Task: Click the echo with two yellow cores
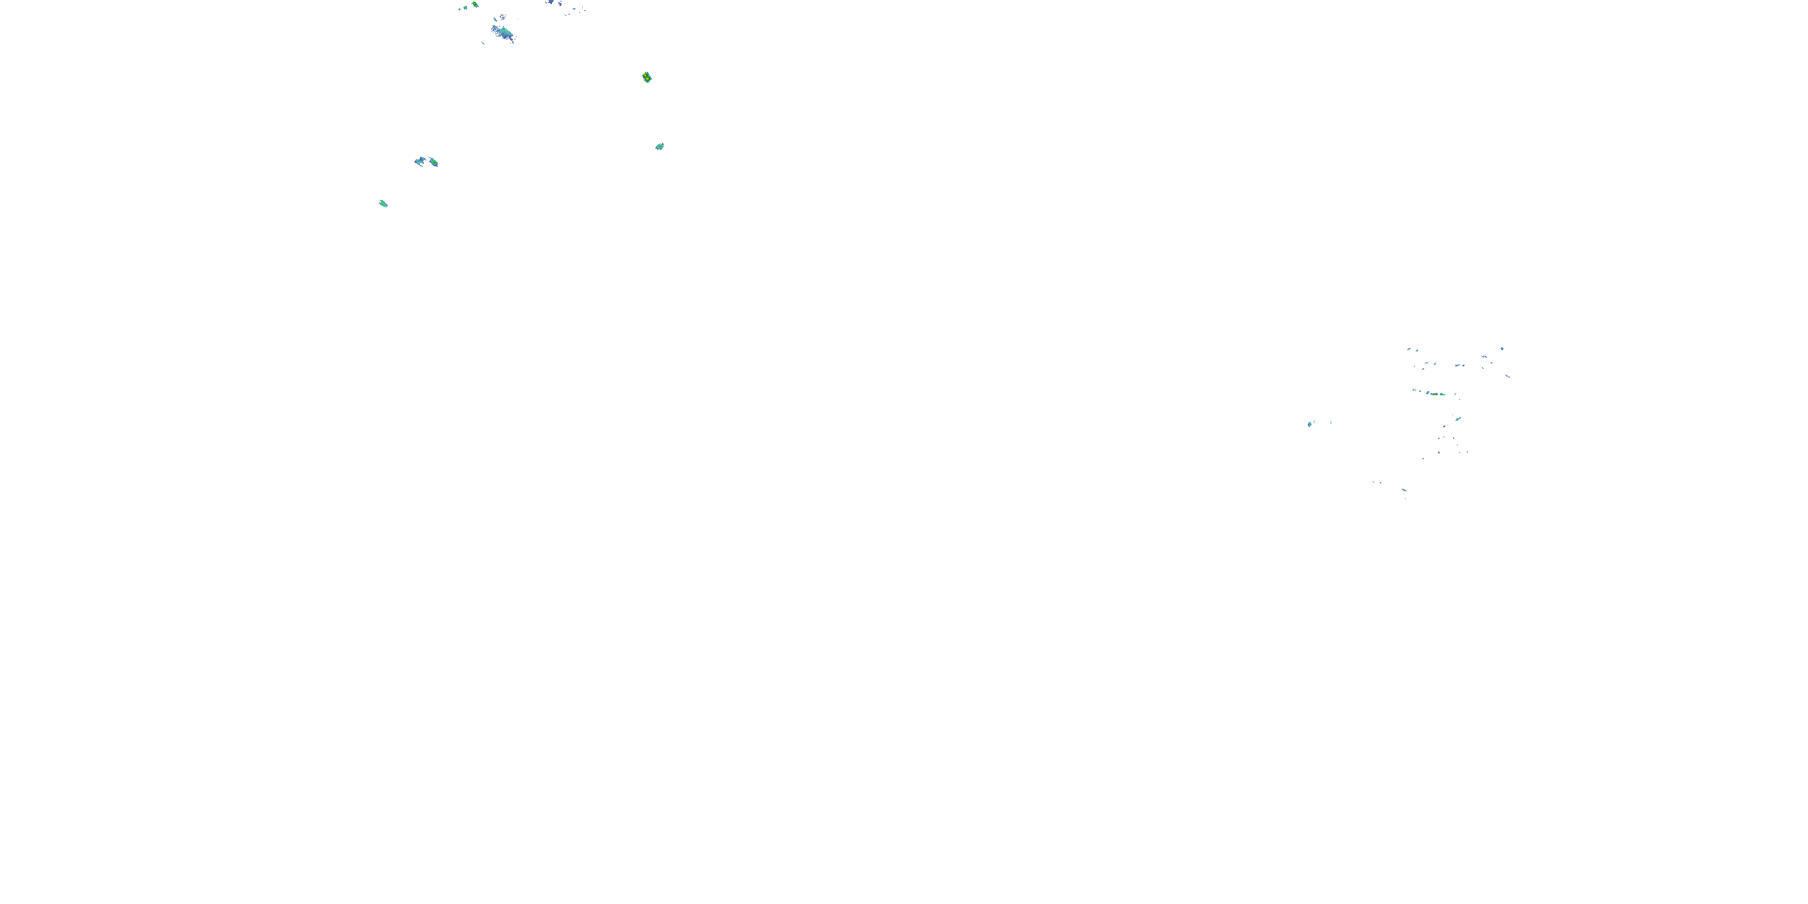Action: click(x=647, y=77)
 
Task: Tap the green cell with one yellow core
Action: click(x=475, y=5)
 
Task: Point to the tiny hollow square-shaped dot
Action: click(x=459, y=8)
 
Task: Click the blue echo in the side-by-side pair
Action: click(x=419, y=162)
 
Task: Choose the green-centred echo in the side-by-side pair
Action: click(x=434, y=162)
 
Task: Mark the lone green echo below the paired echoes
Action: click(x=383, y=204)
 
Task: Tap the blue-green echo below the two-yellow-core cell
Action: click(x=659, y=146)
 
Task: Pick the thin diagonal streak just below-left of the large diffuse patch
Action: click(x=483, y=43)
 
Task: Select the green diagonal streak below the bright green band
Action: click(x=1458, y=418)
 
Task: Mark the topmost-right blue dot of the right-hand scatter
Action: click(x=1502, y=348)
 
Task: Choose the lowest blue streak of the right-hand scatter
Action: click(x=1404, y=490)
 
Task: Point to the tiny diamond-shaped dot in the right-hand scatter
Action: click(x=1438, y=452)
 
